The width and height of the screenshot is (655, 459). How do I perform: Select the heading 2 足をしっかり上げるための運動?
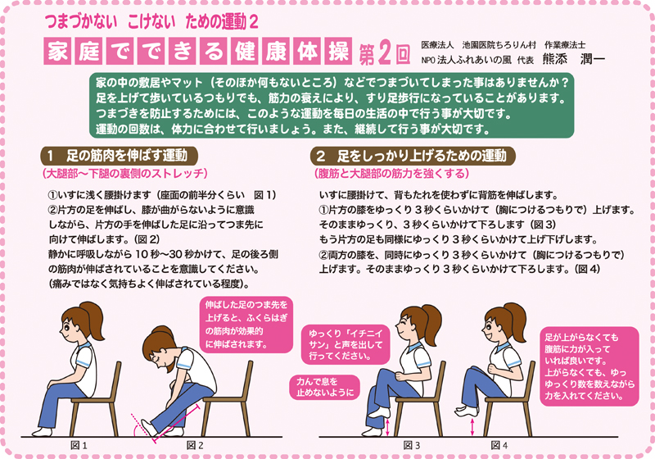(413, 155)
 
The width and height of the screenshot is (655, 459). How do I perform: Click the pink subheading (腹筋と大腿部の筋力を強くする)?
(392, 174)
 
